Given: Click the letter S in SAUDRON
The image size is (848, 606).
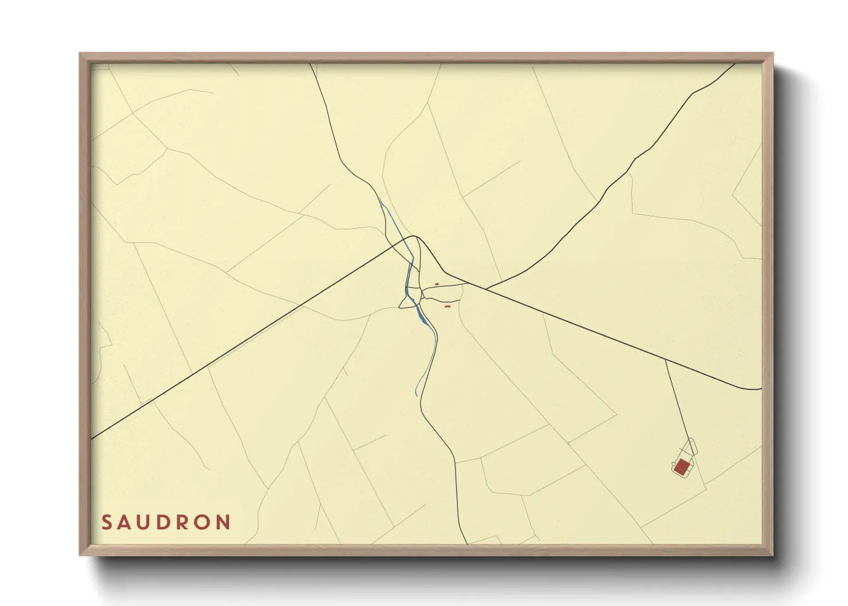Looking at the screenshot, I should pyautogui.click(x=107, y=522).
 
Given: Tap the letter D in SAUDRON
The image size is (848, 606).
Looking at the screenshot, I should pyautogui.click(x=166, y=522).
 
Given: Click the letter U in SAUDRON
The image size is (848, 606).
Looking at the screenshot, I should pyautogui.click(x=146, y=522).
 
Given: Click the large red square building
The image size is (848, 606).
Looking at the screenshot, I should pyautogui.click(x=682, y=467).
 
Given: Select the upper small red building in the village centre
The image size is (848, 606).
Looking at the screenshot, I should pyautogui.click(x=437, y=284).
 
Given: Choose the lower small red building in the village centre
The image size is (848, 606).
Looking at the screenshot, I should pyautogui.click(x=447, y=307).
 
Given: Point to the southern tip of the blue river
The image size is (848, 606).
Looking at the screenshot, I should pyautogui.click(x=416, y=395).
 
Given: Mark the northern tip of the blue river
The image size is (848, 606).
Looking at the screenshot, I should pyautogui.click(x=379, y=198).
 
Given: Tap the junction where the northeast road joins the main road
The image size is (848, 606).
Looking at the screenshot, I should pyautogui.click(x=485, y=289).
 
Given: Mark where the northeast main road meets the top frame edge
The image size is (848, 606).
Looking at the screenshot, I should pyautogui.click(x=735, y=64).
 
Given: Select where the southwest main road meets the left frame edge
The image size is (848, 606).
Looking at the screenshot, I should pyautogui.click(x=92, y=439).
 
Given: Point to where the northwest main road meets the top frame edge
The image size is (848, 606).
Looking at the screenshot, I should pyautogui.click(x=310, y=64).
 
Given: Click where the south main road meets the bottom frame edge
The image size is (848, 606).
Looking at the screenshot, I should pyautogui.click(x=468, y=544).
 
